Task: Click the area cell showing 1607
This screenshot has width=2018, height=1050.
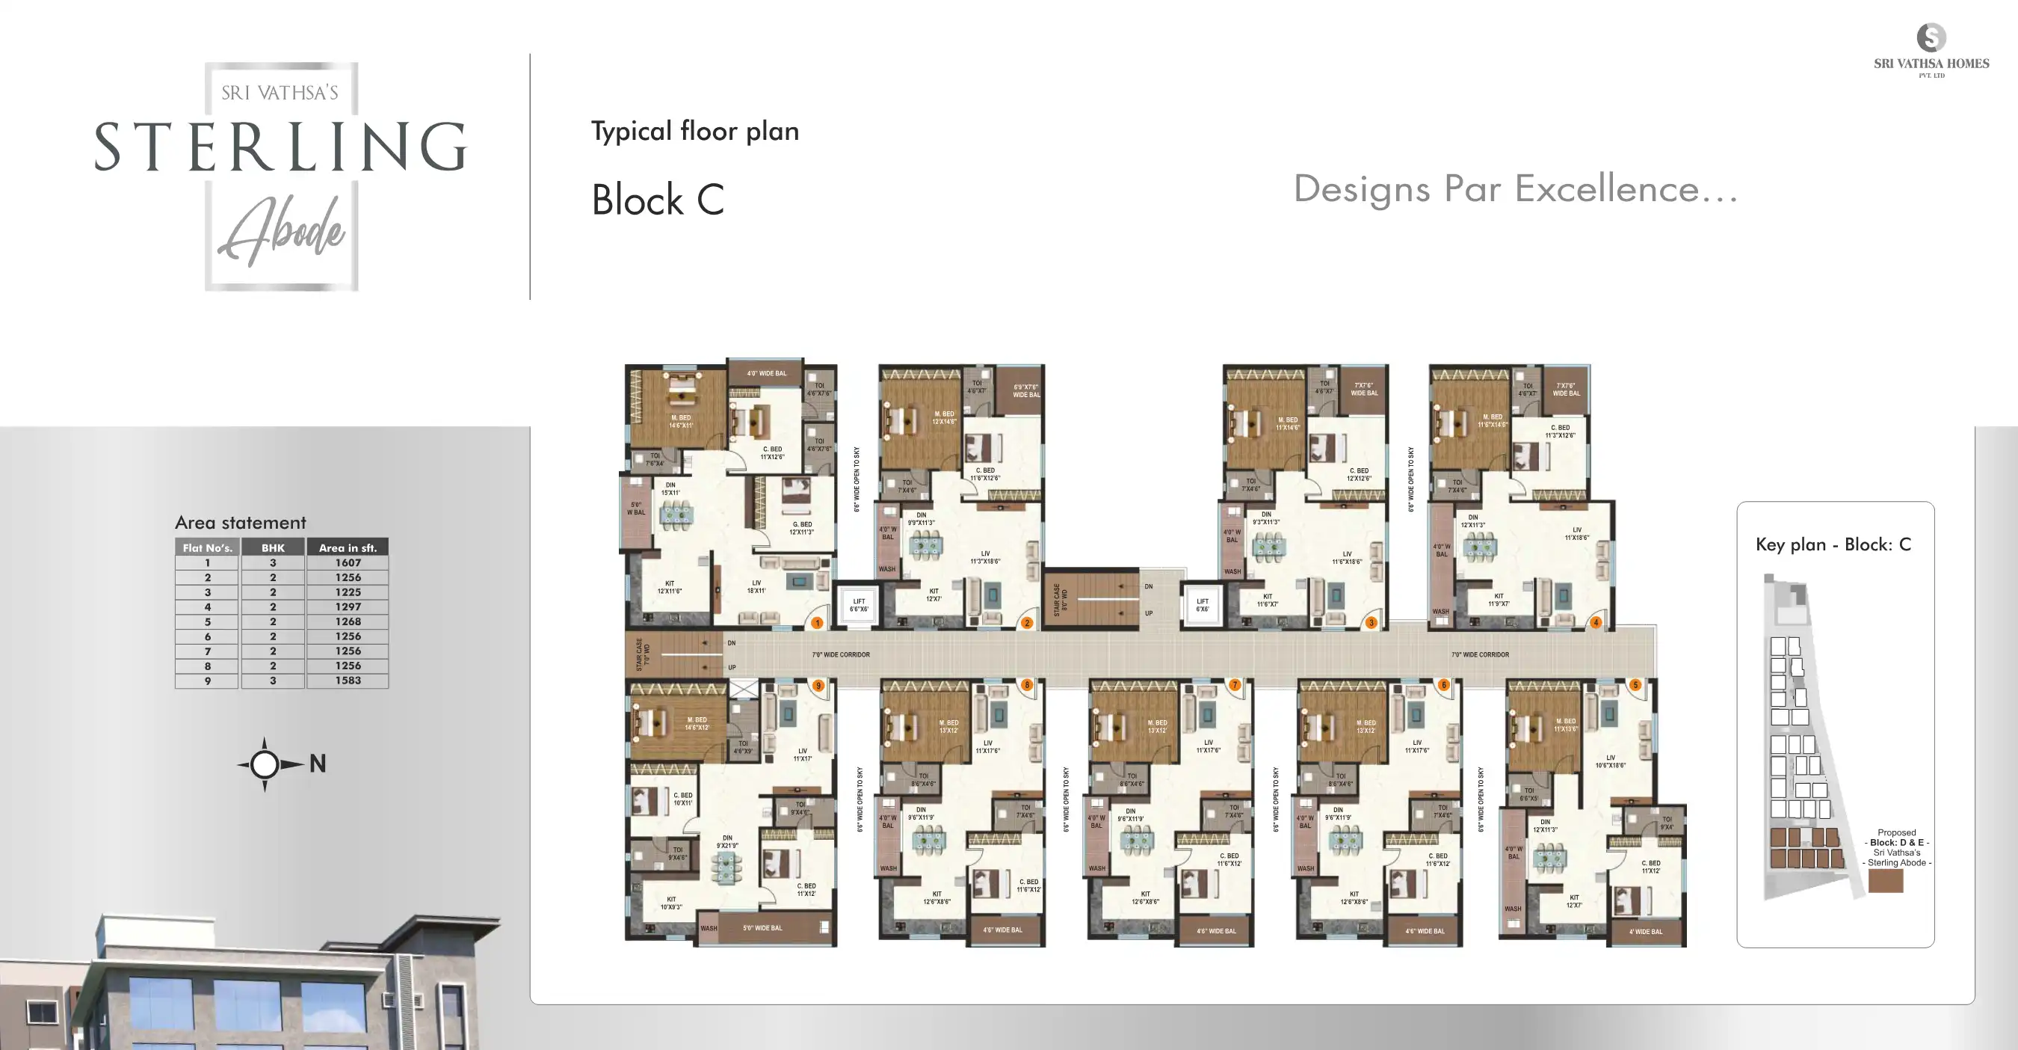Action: point(348,562)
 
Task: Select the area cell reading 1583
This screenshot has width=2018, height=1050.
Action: point(348,680)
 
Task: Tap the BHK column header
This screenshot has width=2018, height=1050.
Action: point(273,547)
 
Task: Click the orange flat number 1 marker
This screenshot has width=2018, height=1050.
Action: point(817,623)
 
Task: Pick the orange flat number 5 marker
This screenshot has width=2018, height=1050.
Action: point(1635,685)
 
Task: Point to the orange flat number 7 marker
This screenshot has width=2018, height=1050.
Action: point(1235,685)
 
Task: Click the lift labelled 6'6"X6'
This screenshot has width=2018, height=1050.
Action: point(859,605)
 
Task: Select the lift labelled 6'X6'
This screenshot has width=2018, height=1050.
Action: point(1202,605)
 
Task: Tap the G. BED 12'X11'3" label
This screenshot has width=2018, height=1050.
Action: point(801,528)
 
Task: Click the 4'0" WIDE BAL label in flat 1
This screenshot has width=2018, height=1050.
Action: point(766,374)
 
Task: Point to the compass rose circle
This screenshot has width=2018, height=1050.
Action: point(265,764)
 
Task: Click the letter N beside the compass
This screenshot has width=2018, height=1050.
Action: point(317,764)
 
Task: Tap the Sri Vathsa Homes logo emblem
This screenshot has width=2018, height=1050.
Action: point(1931,37)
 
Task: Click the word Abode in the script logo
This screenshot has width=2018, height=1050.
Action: point(282,232)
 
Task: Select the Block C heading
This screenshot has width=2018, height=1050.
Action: point(657,200)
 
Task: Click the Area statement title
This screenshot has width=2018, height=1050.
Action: point(240,523)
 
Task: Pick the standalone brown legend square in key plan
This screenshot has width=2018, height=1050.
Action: point(1885,881)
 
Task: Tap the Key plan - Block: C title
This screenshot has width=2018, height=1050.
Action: point(1833,544)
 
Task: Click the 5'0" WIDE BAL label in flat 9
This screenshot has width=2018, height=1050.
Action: point(762,928)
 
